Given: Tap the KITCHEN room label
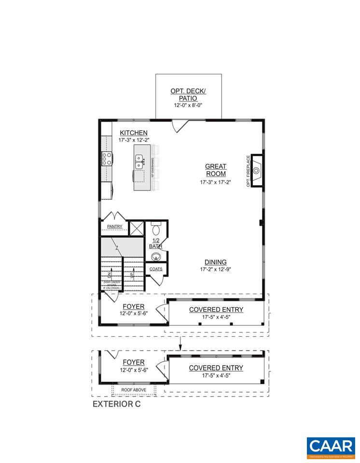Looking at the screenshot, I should (x=134, y=133).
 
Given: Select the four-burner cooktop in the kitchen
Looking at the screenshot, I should (x=107, y=160).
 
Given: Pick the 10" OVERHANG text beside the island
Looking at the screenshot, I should (x=152, y=168).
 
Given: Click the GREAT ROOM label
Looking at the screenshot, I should (x=216, y=170).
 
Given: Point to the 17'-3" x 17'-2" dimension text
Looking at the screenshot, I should (x=216, y=183).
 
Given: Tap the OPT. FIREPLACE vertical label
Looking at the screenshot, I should (x=249, y=171).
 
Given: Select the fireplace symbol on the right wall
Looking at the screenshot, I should (x=257, y=170).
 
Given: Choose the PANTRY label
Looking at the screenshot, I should (x=114, y=226).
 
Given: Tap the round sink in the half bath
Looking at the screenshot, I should (x=156, y=256).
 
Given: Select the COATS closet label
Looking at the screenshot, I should (x=156, y=269).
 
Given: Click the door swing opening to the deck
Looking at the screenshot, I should (x=180, y=125).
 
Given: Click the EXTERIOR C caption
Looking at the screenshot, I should (x=116, y=404).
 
